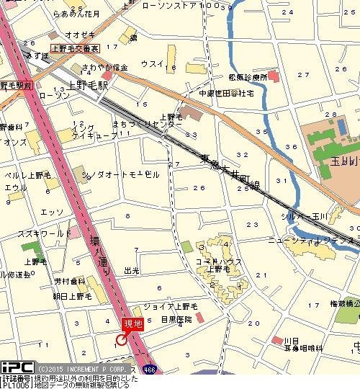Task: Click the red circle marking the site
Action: (x=122, y=340)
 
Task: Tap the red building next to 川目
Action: (x=276, y=339)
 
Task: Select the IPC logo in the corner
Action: (x=16, y=367)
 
